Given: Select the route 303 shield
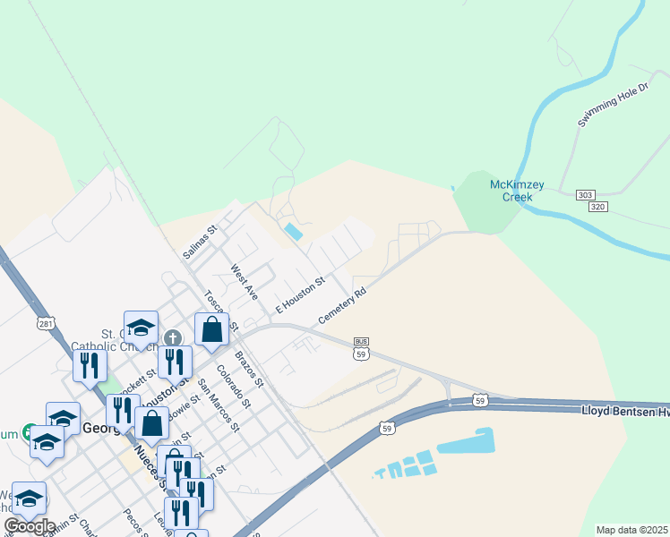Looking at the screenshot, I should pyautogui.click(x=585, y=195).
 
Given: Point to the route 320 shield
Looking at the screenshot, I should pyautogui.click(x=598, y=207).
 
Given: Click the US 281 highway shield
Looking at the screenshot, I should pyautogui.click(x=43, y=322).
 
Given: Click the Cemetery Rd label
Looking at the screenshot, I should pyautogui.click(x=342, y=305).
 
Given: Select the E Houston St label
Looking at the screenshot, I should pyautogui.click(x=299, y=294).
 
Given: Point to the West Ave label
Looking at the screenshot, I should pyautogui.click(x=244, y=281).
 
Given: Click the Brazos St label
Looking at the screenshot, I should pyautogui.click(x=250, y=369).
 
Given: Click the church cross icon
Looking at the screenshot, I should pyautogui.click(x=173, y=338).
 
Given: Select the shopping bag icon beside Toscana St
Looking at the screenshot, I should pyautogui.click(x=211, y=329).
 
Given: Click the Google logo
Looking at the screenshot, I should pyautogui.click(x=29, y=525).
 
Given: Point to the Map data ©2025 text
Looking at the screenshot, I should pyautogui.click(x=631, y=530).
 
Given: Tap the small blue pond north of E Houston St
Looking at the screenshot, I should pyautogui.click(x=293, y=232).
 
